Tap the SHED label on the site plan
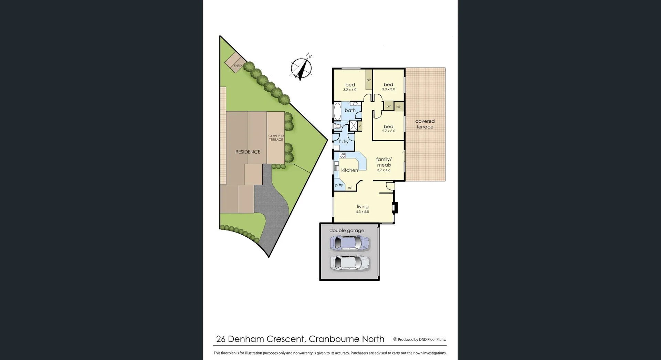click(x=238, y=66)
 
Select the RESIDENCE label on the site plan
click(x=248, y=152)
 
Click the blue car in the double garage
click(x=350, y=243)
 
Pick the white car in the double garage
click(x=350, y=263)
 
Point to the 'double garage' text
click(x=347, y=230)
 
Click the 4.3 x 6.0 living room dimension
click(x=363, y=212)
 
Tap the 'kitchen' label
click(x=349, y=170)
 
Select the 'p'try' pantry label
click(x=339, y=185)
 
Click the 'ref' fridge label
click(x=350, y=188)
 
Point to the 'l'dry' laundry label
click(x=344, y=142)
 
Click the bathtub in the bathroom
click(x=337, y=111)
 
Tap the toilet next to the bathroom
click(x=337, y=126)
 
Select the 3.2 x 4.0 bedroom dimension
click(x=350, y=90)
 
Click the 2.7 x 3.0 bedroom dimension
click(x=389, y=131)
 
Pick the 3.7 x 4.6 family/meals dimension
click(x=384, y=170)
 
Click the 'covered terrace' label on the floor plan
click(x=425, y=124)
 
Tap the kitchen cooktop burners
click(x=343, y=155)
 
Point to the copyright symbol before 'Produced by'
click(x=395, y=339)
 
